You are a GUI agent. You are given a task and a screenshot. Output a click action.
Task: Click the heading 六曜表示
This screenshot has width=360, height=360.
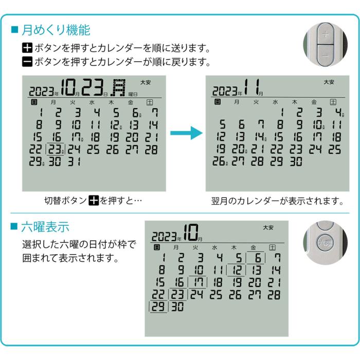pyautogui.click(x=45, y=226)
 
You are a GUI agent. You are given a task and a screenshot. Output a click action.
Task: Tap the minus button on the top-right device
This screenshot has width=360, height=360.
pyautogui.click(x=325, y=53)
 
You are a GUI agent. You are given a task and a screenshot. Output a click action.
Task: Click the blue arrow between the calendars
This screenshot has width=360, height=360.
pyautogui.click(x=184, y=134)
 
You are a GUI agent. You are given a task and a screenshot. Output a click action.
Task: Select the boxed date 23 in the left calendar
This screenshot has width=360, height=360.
pyautogui.click(x=55, y=150)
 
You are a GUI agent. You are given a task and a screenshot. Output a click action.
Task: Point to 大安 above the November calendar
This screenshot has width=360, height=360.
pyautogui.click(x=329, y=82)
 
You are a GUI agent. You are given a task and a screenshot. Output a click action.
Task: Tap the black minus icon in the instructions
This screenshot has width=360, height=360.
pyautogui.click(x=27, y=62)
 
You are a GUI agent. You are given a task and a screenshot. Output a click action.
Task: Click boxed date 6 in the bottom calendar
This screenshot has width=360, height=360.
pyautogui.click(x=257, y=258)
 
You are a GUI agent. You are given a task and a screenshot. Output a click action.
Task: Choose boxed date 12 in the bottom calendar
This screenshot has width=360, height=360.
pyautogui.click(x=238, y=270)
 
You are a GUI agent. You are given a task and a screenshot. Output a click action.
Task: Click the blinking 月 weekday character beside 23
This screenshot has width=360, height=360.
pyautogui.click(x=119, y=88)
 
